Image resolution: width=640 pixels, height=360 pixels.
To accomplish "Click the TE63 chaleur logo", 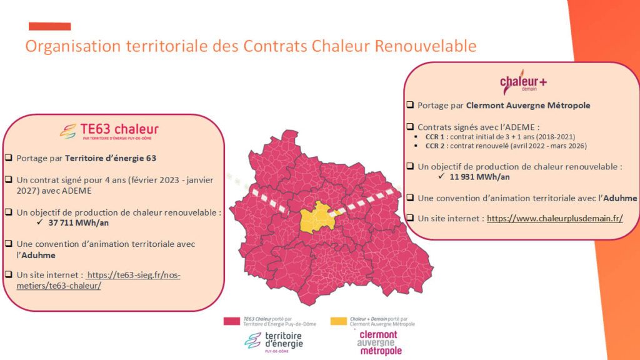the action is point(109,131).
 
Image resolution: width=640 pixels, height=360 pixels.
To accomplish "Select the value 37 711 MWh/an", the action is point(78,223).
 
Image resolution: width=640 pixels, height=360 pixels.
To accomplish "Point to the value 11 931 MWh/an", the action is point(479,177).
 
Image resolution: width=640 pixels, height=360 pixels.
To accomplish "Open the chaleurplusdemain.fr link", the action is point(555,218).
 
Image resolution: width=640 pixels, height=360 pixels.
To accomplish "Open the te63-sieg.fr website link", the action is point(98,281).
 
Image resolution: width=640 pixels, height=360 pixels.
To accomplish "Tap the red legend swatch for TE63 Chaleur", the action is point(232,321).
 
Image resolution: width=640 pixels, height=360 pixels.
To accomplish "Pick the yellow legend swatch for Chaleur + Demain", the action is point(339,321).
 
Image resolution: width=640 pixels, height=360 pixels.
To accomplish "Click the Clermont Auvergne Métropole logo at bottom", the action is point(379,342).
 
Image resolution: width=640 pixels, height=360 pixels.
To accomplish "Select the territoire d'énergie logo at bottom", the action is point(274,342).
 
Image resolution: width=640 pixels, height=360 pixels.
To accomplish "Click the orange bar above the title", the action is point(50,26).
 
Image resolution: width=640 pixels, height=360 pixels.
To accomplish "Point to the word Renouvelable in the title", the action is point(426,46).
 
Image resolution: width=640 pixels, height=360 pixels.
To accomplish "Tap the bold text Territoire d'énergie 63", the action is point(111,158).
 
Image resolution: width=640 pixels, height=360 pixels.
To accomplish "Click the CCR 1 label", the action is point(435,137).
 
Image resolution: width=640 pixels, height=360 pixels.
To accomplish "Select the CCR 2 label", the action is point(435,146).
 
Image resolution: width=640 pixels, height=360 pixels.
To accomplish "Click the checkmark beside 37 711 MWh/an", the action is point(39,222).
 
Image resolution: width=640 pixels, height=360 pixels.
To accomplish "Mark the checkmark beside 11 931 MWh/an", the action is point(441,176).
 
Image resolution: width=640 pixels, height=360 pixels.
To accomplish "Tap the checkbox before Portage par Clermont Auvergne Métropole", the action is point(410,105).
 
